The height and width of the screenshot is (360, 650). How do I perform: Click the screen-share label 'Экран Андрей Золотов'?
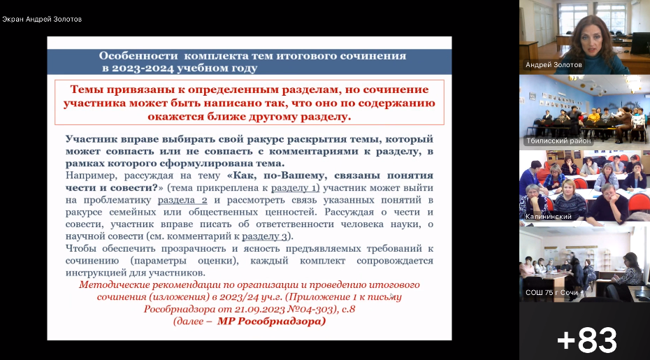click(42, 19)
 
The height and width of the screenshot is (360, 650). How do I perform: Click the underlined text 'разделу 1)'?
click(296, 188)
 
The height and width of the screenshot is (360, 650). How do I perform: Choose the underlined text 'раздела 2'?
click(182, 201)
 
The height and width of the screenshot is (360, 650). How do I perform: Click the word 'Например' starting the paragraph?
click(91, 176)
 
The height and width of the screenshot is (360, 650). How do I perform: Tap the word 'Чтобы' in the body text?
click(80, 249)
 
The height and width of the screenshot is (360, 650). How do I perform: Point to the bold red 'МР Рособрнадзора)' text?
click(271, 322)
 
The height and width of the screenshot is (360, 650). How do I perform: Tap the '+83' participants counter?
click(587, 340)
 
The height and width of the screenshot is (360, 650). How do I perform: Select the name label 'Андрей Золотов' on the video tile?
click(554, 65)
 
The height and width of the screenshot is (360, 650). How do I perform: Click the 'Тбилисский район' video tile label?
click(558, 141)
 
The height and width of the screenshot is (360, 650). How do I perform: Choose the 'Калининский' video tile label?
click(549, 217)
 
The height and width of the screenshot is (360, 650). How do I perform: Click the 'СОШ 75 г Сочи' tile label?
click(551, 293)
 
